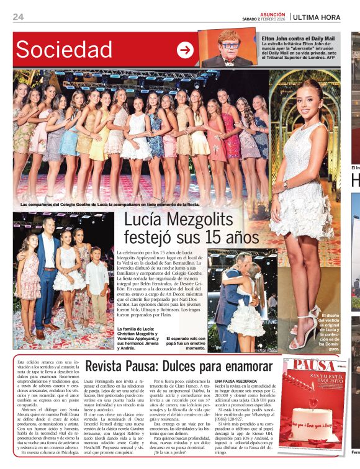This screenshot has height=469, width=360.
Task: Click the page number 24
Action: pyautogui.click(x=18, y=17)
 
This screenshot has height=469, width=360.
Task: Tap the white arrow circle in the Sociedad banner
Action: pyautogui.click(x=185, y=50)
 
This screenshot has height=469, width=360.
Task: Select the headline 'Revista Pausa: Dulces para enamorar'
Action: pyautogui.click(x=179, y=365)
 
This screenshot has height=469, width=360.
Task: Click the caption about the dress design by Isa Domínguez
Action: pyautogui.click(x=330, y=332)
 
